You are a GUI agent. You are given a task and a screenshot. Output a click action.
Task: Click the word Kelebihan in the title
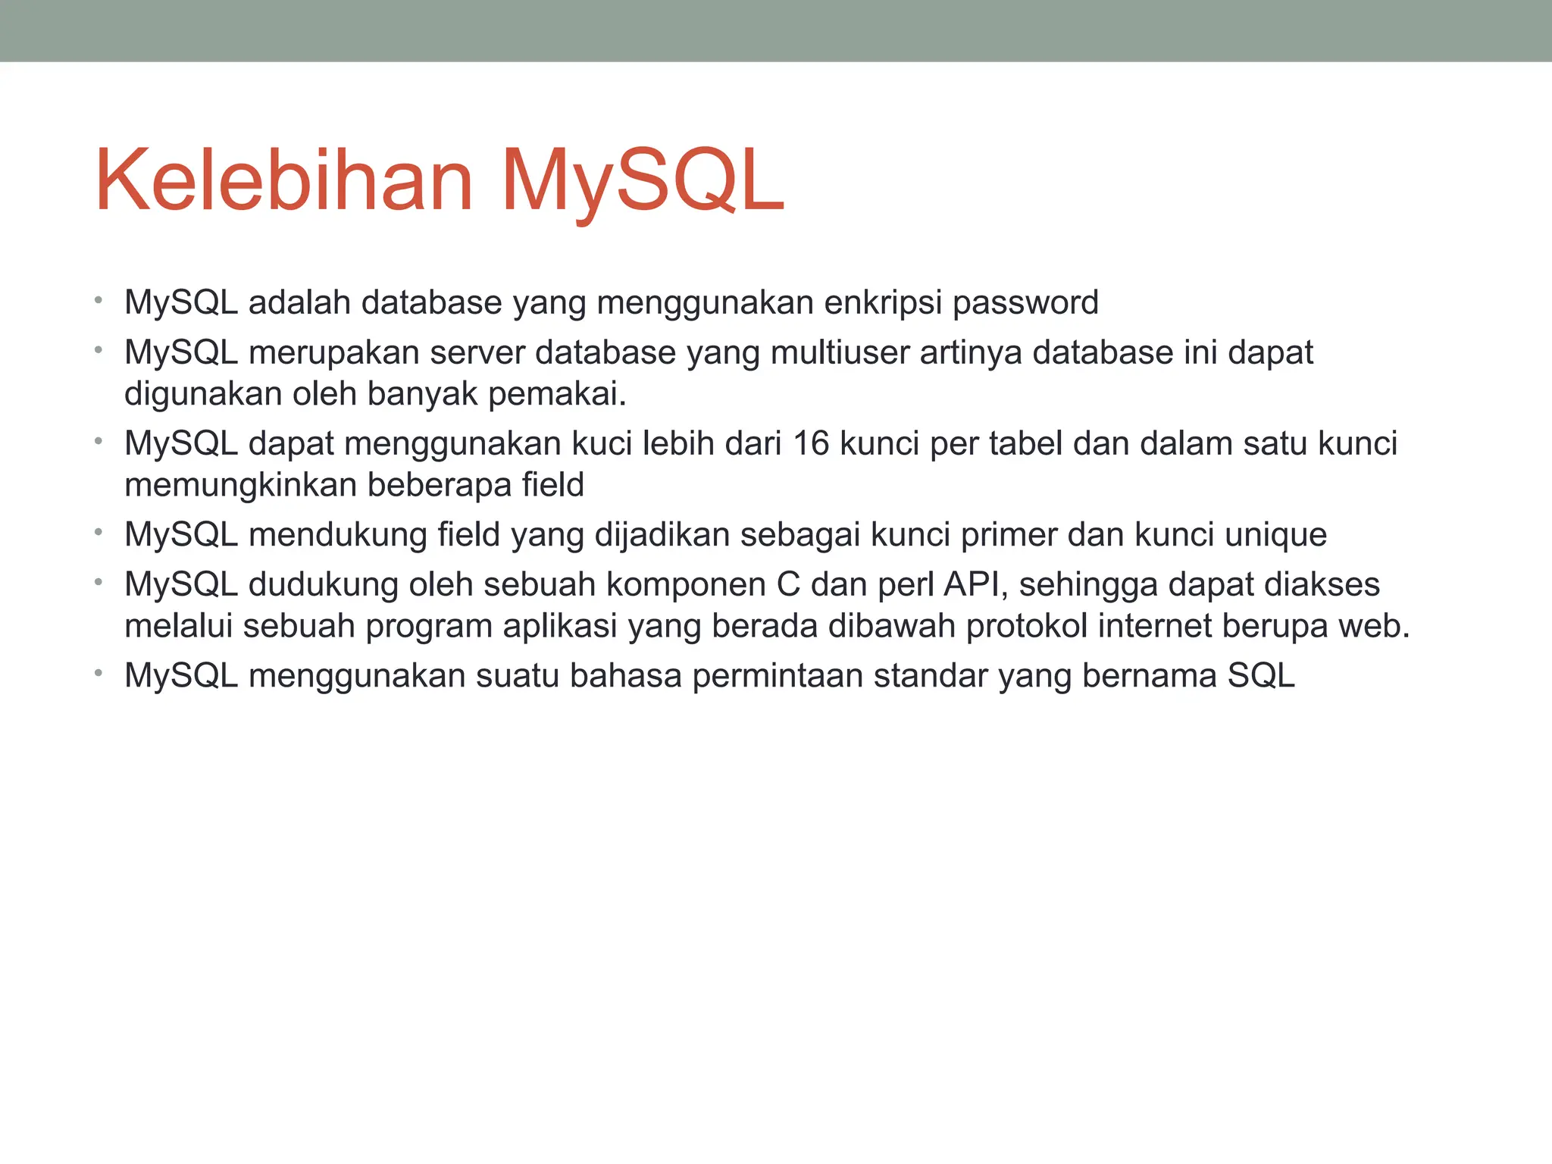click(284, 182)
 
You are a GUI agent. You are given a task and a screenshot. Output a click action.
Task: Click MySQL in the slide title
click(643, 182)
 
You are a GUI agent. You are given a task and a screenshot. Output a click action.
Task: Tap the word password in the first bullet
click(1025, 303)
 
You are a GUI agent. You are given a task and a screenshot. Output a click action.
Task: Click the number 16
click(811, 444)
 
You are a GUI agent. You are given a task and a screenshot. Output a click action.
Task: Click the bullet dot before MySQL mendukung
click(99, 533)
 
